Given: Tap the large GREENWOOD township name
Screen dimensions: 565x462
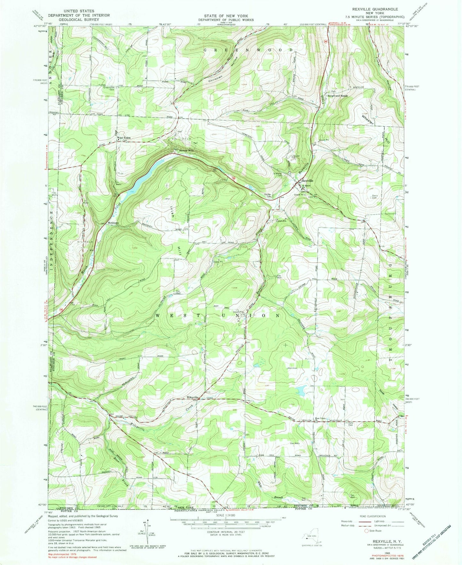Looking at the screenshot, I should tap(249, 50).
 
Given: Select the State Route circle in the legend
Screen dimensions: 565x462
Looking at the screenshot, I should tap(366, 540).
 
